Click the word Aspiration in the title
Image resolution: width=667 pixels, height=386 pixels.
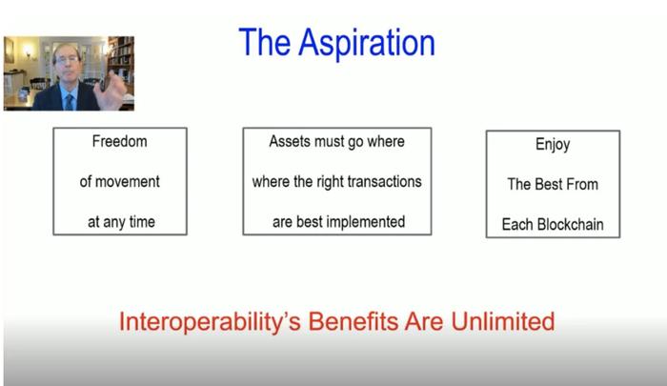click(367, 44)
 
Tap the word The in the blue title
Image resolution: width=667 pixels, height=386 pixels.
click(265, 42)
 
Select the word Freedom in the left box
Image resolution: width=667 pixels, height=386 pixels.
click(119, 141)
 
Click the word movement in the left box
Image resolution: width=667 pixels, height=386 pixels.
click(127, 182)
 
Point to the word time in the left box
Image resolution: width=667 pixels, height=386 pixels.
click(142, 222)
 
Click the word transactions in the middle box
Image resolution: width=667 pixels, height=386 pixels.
click(385, 182)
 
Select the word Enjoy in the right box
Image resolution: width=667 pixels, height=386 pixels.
click(553, 145)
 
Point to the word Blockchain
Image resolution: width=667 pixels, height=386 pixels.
click(571, 224)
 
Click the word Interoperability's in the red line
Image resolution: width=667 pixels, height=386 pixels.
click(210, 322)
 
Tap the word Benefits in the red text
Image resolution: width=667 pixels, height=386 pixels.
click(354, 321)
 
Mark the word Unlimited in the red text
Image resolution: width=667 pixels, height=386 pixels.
click(503, 321)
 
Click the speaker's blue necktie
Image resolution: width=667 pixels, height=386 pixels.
click(69, 102)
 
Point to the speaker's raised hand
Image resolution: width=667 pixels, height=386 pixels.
click(111, 90)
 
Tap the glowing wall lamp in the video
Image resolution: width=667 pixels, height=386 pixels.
click(28, 51)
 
